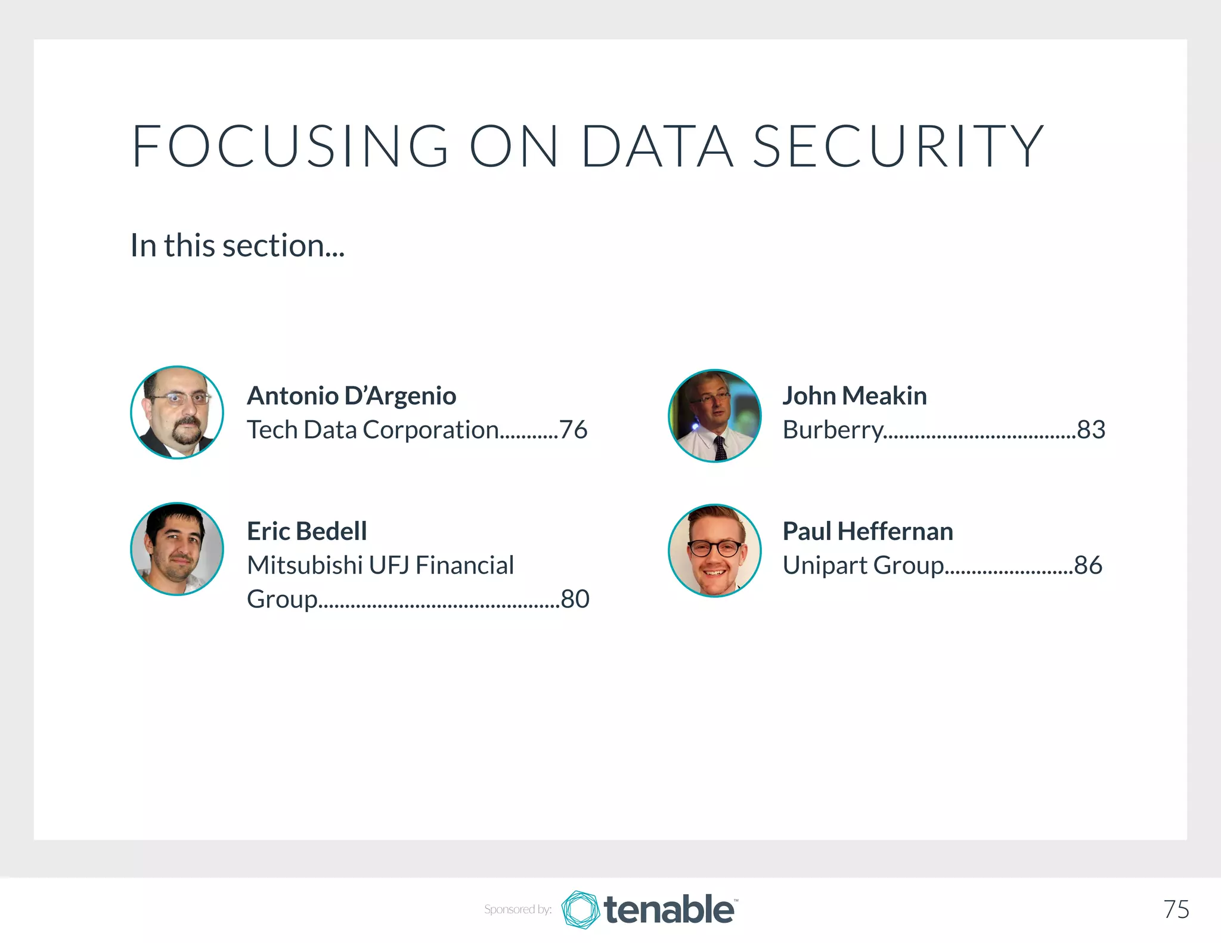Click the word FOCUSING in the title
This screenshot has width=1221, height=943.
coord(290,146)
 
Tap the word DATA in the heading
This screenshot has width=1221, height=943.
coord(657,146)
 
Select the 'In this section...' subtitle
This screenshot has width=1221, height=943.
coord(237,246)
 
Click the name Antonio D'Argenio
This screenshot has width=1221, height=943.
coord(352,396)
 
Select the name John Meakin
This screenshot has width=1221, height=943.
coord(854,396)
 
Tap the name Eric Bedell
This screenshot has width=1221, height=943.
coord(307,531)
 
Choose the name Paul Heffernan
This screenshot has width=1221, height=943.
coord(867,531)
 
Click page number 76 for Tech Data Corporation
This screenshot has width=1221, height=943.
coord(574,430)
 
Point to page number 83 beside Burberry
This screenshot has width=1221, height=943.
coord(1091,430)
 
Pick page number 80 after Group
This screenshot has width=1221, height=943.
coord(575,599)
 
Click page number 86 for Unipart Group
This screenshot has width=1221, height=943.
coord(1088,565)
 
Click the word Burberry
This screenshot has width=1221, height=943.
coord(833,430)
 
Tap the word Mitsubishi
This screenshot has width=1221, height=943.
coord(305,565)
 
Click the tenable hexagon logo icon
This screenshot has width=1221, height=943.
coord(580,910)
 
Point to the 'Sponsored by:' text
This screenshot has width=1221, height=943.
coord(517,910)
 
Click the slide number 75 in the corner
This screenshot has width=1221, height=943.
coord(1176,910)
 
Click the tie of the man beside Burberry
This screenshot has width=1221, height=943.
coord(720,448)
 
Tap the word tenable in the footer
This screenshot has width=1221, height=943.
coord(669,910)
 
